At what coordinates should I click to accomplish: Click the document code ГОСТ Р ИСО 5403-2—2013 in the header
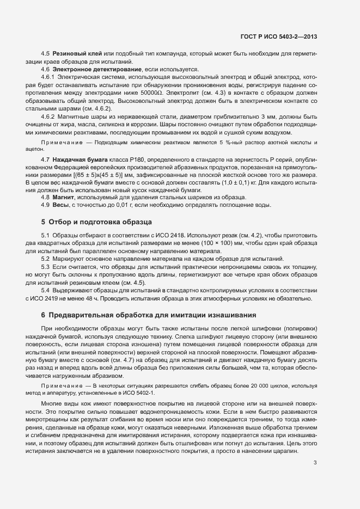tap(279, 37)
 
